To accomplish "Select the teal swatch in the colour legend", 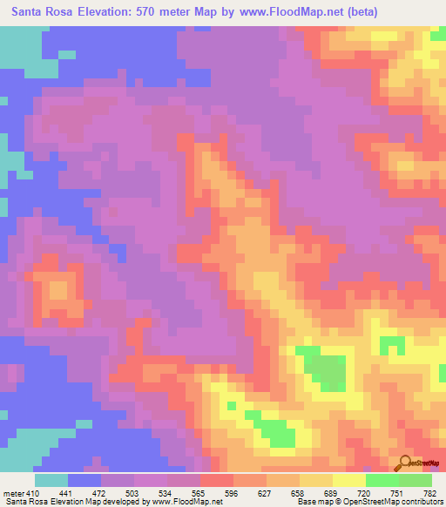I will pos(51,480).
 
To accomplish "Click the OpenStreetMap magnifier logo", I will pos(403,462).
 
